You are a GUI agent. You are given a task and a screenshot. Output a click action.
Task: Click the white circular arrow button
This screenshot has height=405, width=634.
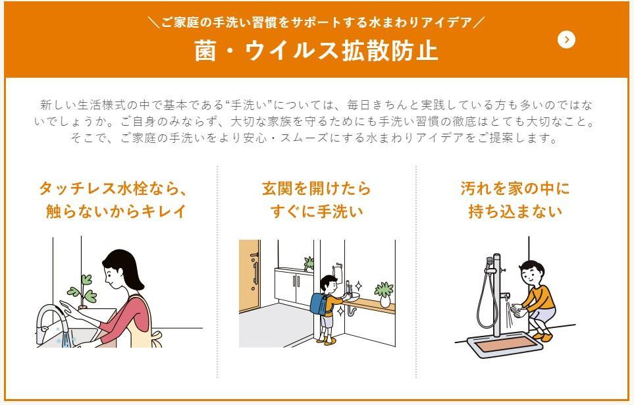(x=566, y=40)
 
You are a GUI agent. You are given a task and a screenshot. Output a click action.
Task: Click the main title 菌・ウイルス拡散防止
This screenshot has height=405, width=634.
(x=316, y=51)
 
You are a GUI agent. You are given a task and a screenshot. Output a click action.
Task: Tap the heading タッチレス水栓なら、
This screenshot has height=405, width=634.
(x=114, y=188)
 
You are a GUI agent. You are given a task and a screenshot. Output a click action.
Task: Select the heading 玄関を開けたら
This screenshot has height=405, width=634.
(x=316, y=188)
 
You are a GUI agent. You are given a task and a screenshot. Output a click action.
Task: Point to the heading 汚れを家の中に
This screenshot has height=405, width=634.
(x=515, y=188)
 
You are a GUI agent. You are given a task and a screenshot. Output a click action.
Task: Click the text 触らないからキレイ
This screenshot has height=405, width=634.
(x=116, y=211)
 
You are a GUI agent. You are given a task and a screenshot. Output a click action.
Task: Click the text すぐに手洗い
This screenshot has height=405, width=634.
(x=317, y=211)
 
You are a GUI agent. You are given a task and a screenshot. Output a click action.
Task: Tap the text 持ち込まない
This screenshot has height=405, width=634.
(x=515, y=211)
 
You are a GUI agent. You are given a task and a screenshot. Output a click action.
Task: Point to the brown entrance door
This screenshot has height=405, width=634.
(x=249, y=275)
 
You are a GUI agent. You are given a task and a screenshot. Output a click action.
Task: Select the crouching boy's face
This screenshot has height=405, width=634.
(x=528, y=275)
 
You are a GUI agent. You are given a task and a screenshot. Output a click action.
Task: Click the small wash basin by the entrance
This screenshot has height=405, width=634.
(x=350, y=296)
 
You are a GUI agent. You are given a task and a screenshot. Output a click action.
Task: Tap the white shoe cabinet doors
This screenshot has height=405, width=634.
(x=294, y=286)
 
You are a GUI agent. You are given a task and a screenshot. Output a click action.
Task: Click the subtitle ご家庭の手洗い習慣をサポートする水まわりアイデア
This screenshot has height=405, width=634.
(x=317, y=22)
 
